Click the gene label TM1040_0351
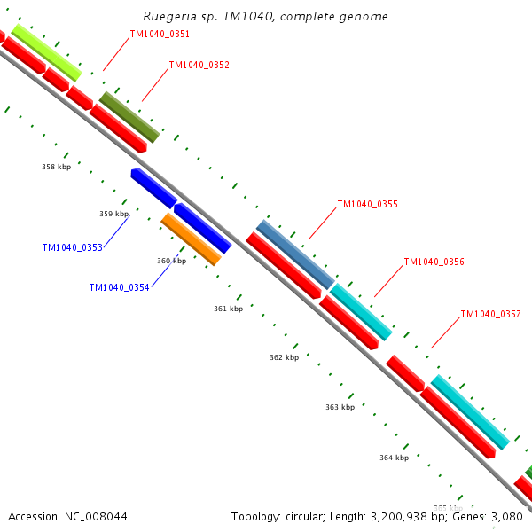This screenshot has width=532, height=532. click(160, 34)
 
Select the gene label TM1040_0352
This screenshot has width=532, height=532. click(199, 65)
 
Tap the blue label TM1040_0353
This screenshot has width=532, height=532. click(72, 247)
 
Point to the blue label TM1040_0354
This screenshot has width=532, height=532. click(119, 287)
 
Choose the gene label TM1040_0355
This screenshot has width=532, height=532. click(367, 204)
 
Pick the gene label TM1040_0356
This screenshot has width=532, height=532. click(434, 262)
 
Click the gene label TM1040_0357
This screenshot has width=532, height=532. click(490, 314)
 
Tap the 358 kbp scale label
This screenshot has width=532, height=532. click(56, 167)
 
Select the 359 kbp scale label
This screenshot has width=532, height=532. click(113, 214)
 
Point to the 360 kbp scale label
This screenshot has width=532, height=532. click(171, 261)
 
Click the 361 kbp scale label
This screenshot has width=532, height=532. click(228, 309)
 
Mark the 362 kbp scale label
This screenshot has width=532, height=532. click(284, 357)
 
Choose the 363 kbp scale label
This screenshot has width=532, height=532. click(340, 407)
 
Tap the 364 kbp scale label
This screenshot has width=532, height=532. click(394, 458)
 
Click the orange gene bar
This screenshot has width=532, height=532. click(191, 239)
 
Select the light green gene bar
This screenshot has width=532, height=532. click(46, 51)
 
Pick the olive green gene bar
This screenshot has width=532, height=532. click(129, 116)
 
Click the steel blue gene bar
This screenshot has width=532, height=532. click(295, 254)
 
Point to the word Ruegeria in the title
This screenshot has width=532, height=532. click(169, 17)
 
